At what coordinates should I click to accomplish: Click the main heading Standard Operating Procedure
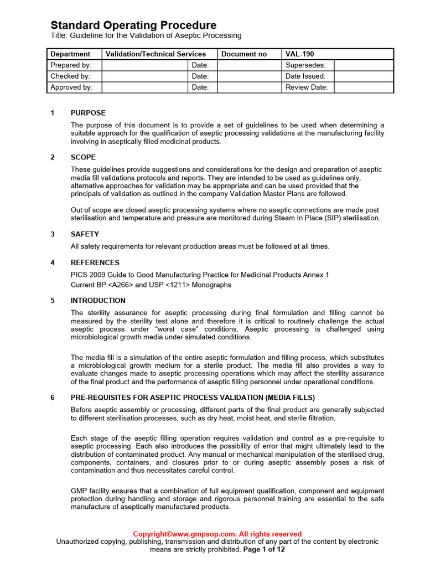click(133, 25)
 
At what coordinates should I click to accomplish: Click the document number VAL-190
click(299, 54)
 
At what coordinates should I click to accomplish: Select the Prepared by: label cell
click(71, 65)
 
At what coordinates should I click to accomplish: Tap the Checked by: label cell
click(70, 76)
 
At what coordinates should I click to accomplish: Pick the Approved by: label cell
click(71, 87)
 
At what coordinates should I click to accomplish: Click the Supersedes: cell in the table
click(305, 65)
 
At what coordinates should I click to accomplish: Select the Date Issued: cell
click(305, 76)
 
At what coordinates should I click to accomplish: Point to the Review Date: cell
click(307, 87)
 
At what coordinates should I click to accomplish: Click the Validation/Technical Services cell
click(156, 54)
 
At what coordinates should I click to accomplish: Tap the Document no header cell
click(244, 54)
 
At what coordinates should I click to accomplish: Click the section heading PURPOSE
click(88, 113)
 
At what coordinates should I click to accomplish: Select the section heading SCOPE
click(83, 157)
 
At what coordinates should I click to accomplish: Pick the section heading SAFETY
click(85, 234)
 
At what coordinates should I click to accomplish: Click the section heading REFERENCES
click(95, 262)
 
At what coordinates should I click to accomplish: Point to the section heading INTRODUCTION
click(98, 301)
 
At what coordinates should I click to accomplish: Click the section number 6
click(53, 398)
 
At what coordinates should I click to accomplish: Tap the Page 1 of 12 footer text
click(264, 550)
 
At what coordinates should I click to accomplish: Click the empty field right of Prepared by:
click(145, 65)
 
